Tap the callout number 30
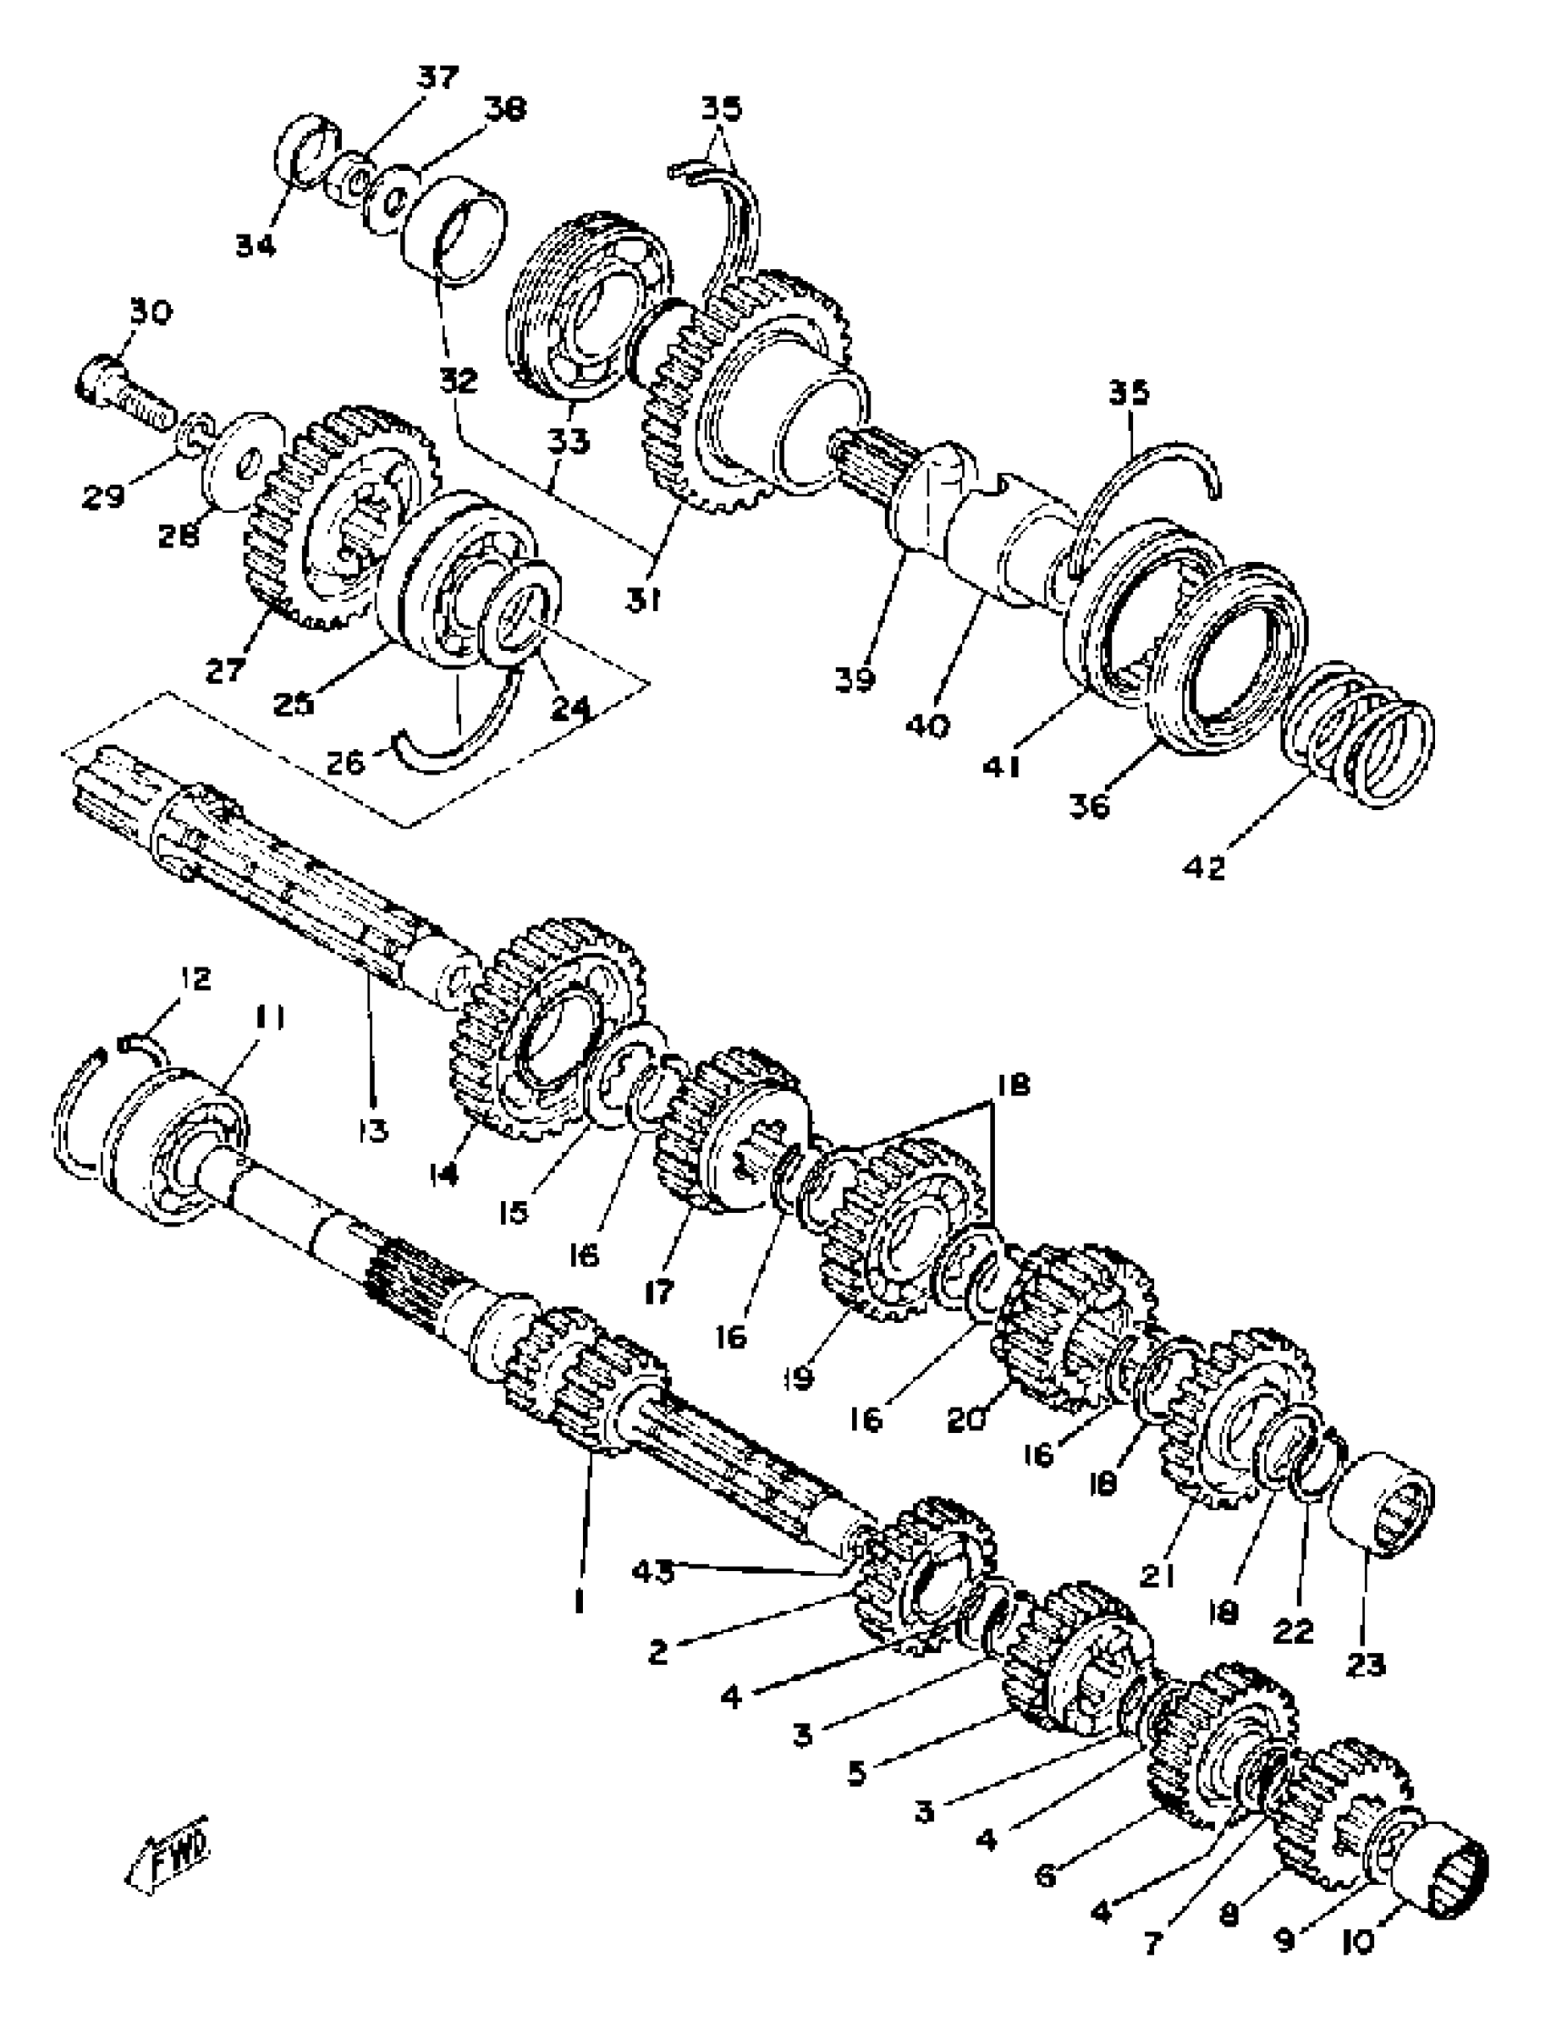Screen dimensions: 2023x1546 (150, 313)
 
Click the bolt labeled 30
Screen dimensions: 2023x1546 (120, 392)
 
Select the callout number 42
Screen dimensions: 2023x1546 (1205, 866)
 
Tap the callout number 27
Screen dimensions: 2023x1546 (226, 670)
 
